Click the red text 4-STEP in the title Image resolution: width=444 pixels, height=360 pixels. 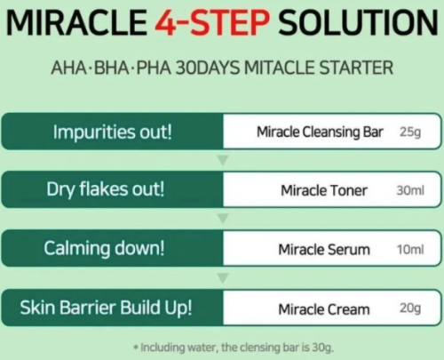click(x=212, y=22)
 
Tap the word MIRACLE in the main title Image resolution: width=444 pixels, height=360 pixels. click(x=76, y=22)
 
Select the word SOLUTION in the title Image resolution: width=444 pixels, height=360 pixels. click(x=358, y=22)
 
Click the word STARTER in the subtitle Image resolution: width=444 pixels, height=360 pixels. click(x=356, y=68)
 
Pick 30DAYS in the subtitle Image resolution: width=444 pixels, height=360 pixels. click(x=207, y=68)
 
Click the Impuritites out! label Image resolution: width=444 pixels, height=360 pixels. click(x=113, y=132)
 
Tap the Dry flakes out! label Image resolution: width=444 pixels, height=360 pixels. click(x=106, y=189)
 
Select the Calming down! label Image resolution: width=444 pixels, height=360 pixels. click(x=104, y=248)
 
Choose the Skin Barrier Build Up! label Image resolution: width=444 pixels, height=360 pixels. click(x=106, y=308)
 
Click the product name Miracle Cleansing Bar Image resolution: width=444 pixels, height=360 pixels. click(x=320, y=132)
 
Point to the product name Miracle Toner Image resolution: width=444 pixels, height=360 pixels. click(x=324, y=190)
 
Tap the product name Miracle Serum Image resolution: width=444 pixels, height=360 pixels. click(x=324, y=250)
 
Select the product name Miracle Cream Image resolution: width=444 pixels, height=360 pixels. click(x=324, y=309)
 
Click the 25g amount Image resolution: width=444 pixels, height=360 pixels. click(x=410, y=132)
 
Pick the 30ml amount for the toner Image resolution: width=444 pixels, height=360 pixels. click(x=410, y=190)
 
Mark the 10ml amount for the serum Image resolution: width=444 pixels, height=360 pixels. click(x=410, y=250)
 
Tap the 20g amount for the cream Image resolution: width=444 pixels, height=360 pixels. click(x=410, y=308)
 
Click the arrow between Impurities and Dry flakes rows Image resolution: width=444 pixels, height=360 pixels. click(x=223, y=160)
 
